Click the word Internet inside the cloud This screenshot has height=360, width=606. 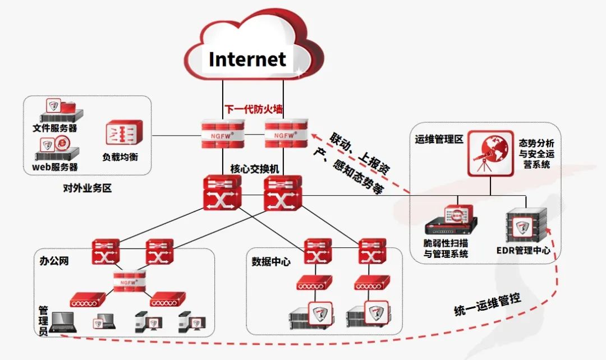[x=247, y=59]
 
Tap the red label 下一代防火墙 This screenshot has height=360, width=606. [x=254, y=109]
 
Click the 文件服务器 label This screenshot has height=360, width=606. [x=55, y=128]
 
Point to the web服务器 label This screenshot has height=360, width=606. [x=55, y=167]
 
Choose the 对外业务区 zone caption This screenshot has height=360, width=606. [x=88, y=188]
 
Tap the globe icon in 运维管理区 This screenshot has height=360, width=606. [x=490, y=152]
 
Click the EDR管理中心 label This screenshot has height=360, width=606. [x=524, y=250]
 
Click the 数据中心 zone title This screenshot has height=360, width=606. [x=271, y=261]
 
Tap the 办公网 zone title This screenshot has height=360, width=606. [x=54, y=261]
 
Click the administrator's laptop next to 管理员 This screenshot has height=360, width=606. [x=62, y=322]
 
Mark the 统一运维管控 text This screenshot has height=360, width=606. [x=488, y=305]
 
